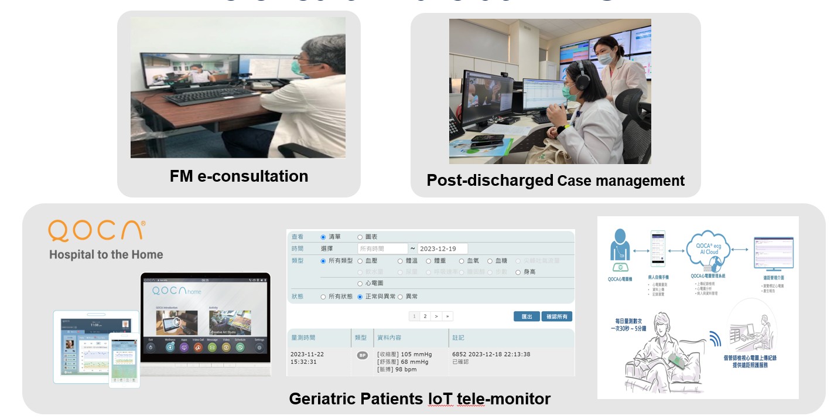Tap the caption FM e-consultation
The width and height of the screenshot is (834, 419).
[x=239, y=176]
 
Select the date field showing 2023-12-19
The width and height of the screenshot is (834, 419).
[x=442, y=248]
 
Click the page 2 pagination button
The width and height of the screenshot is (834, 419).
[x=426, y=316]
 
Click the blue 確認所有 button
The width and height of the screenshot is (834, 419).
[x=556, y=316]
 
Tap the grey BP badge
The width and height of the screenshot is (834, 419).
[x=362, y=355]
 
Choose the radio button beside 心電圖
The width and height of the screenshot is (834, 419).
[x=360, y=284]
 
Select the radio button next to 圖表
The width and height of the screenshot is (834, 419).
[x=360, y=237]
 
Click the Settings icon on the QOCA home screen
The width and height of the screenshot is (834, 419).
[x=259, y=347]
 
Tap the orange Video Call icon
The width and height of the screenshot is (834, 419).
[x=198, y=347]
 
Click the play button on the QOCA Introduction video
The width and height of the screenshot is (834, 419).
[x=176, y=322]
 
